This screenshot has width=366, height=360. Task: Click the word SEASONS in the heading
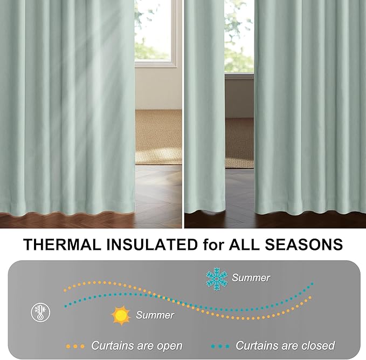tap(307, 244)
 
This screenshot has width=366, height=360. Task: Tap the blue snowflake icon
tap(217, 279)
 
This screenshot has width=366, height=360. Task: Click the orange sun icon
tap(121, 315)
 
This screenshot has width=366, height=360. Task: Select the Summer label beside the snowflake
tap(251, 278)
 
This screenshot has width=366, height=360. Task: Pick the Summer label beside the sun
tap(155, 315)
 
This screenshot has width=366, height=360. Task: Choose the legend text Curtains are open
tap(136, 345)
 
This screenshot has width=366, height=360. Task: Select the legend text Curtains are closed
tap(285, 345)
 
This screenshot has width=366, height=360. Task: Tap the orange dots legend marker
tap(75, 346)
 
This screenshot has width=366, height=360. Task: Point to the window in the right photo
tap(238, 35)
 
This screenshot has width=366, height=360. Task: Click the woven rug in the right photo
tap(239, 143)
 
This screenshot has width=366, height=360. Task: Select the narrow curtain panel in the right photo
tap(205, 108)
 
